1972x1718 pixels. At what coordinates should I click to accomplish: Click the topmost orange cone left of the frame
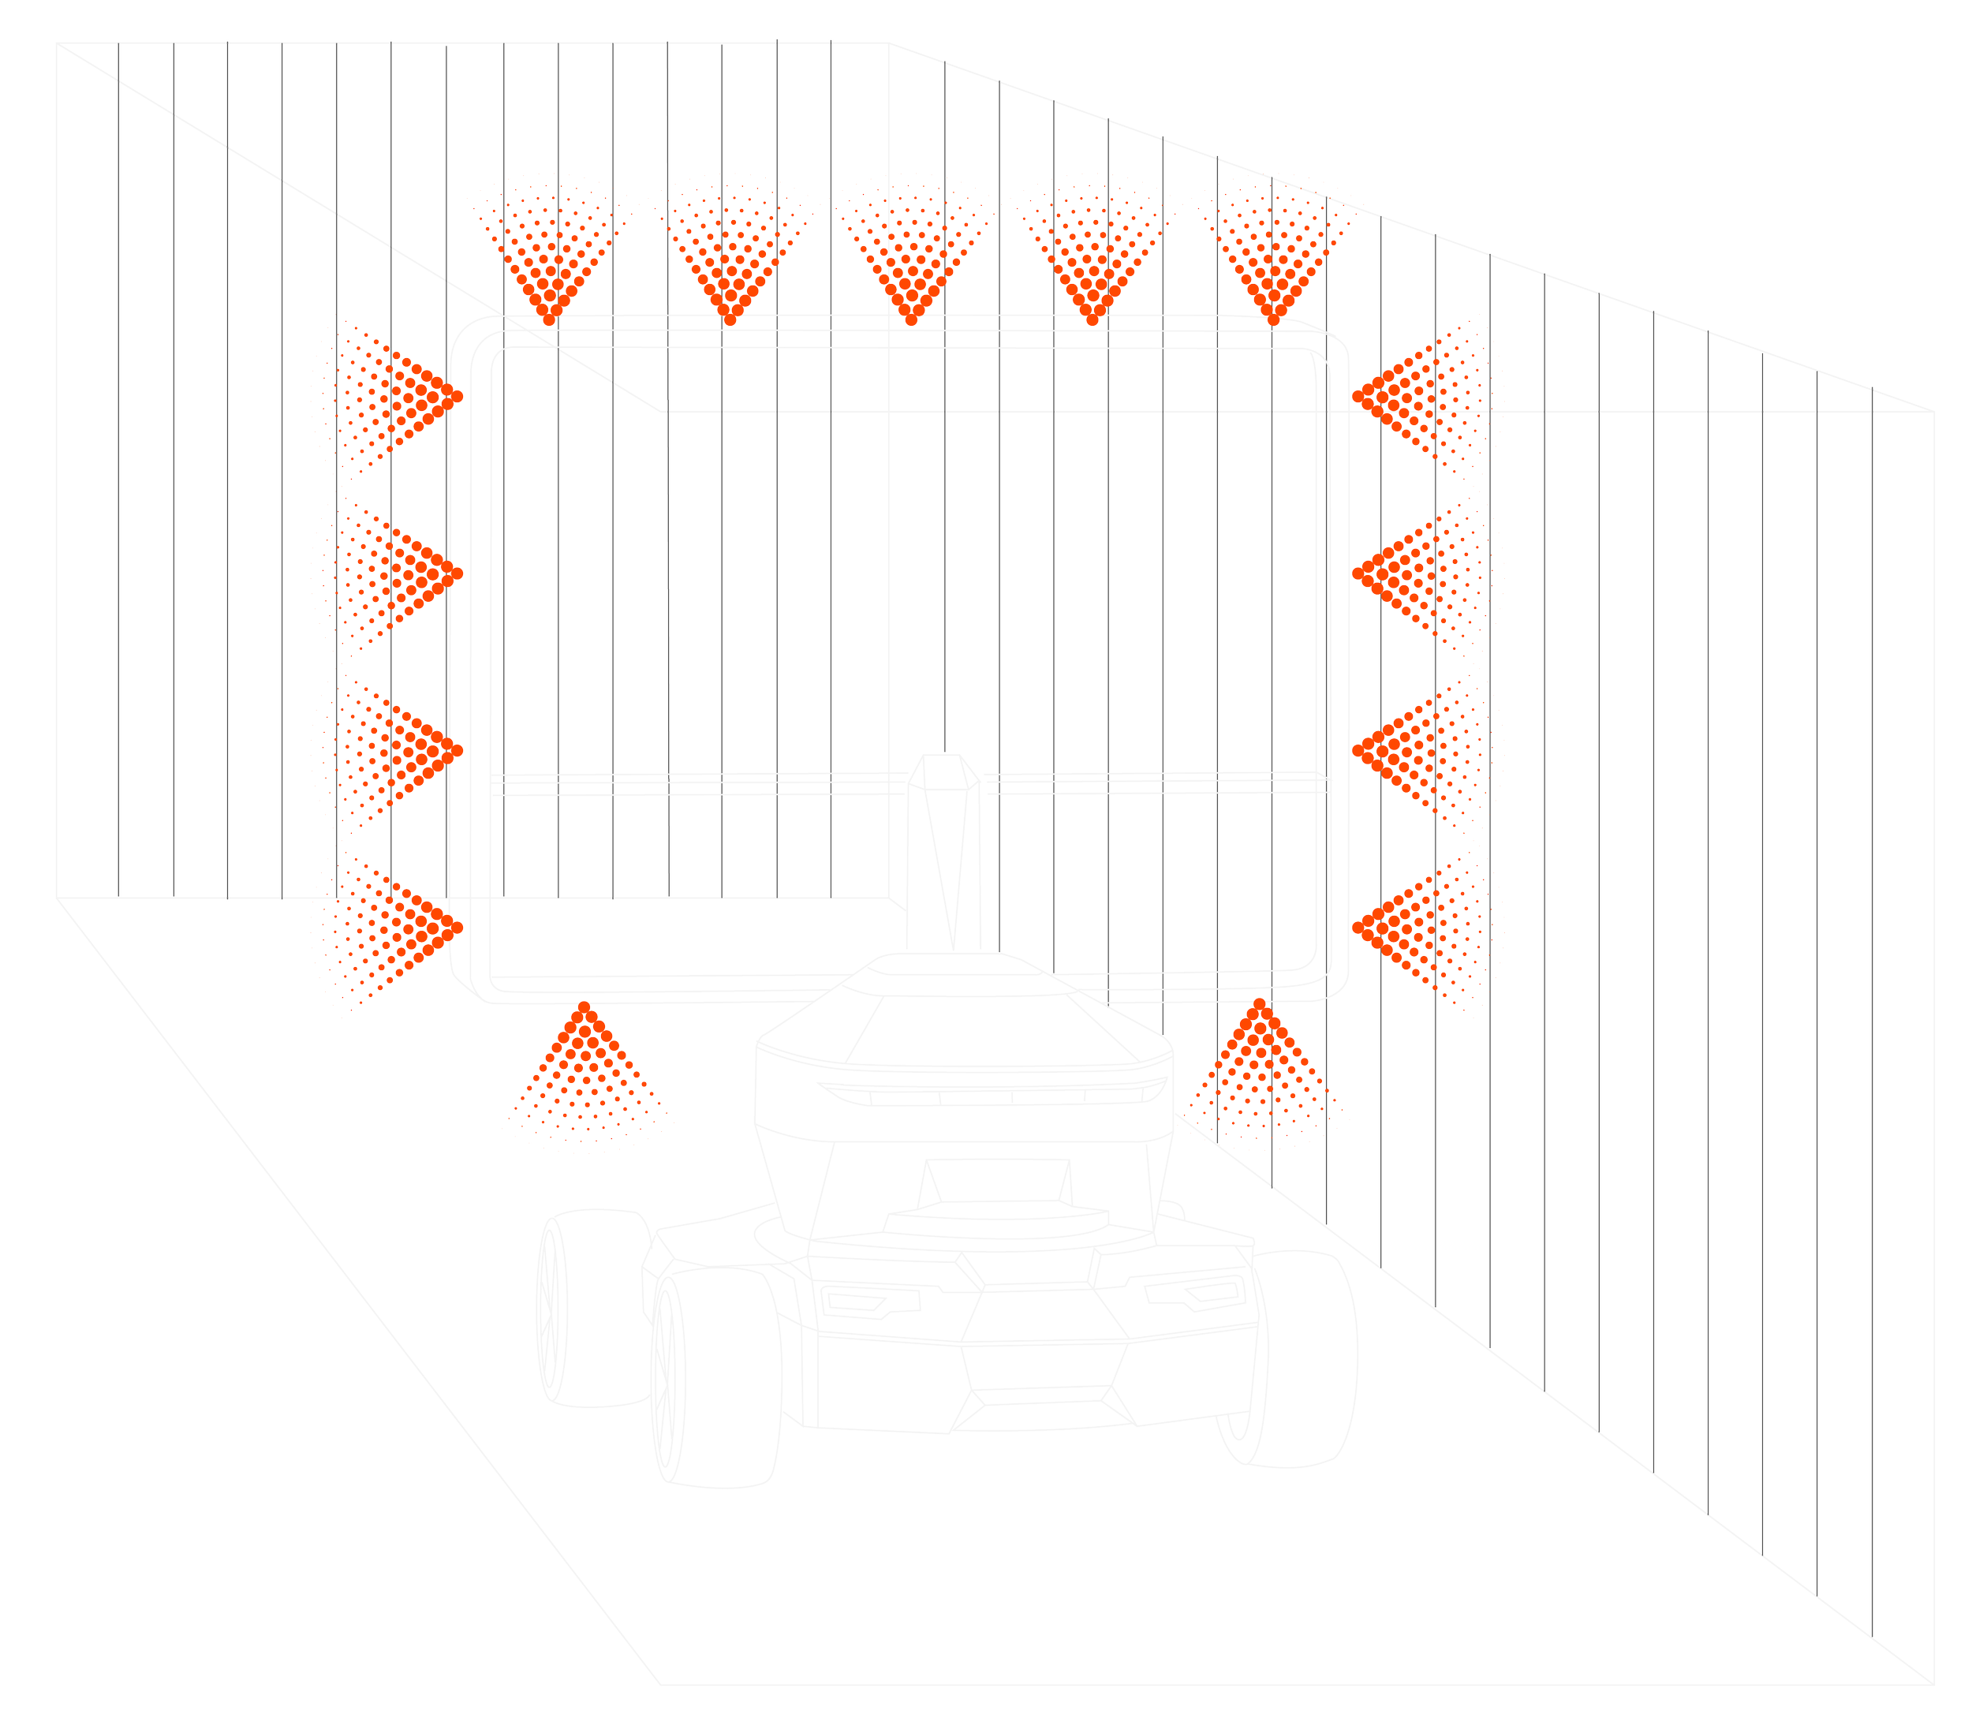[x=398, y=395]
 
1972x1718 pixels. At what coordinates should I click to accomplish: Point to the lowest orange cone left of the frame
[x=398, y=926]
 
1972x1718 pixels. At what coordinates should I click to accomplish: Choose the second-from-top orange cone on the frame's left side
[x=398, y=573]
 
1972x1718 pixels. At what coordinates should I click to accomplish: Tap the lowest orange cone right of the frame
[x=1419, y=926]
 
